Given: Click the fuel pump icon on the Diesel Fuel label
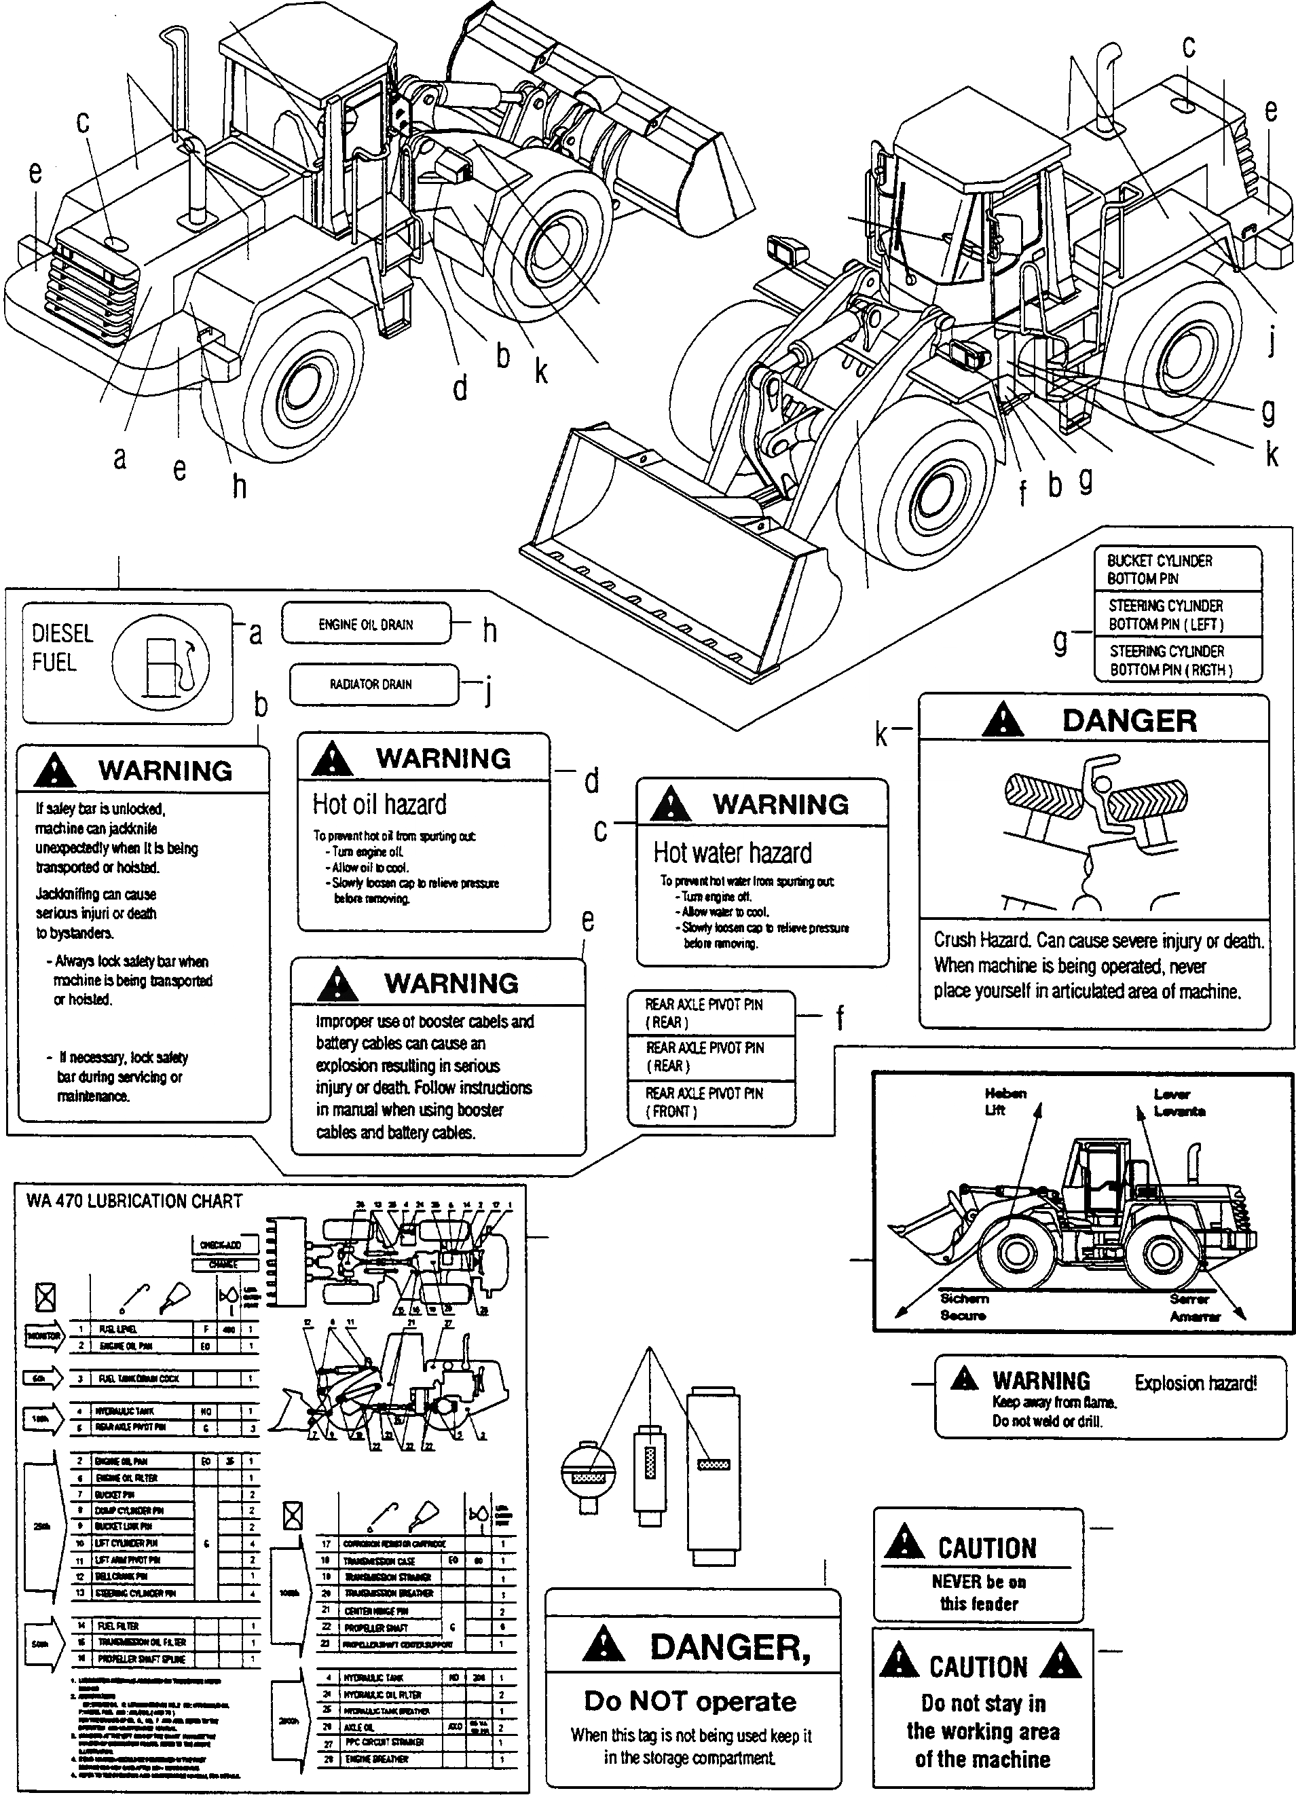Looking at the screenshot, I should [x=162, y=663].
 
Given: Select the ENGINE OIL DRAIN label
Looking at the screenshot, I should [x=365, y=625].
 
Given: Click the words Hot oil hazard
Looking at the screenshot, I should [x=379, y=804].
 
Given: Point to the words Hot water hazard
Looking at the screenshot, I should [x=732, y=853].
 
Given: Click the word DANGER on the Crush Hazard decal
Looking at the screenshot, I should [x=1129, y=721].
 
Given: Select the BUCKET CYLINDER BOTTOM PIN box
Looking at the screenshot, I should [x=1177, y=569].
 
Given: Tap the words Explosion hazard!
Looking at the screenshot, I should [x=1195, y=1383].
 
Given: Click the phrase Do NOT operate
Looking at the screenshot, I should [x=690, y=1700].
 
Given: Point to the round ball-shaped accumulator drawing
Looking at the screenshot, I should [x=587, y=1474].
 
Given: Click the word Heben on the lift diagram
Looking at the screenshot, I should [x=1005, y=1093].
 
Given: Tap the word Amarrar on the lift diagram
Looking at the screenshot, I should [x=1195, y=1316].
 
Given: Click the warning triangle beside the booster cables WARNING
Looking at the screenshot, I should [x=337, y=983].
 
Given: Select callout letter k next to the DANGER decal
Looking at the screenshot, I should [x=881, y=735].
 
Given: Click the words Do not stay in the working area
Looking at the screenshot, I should [x=982, y=1731].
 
